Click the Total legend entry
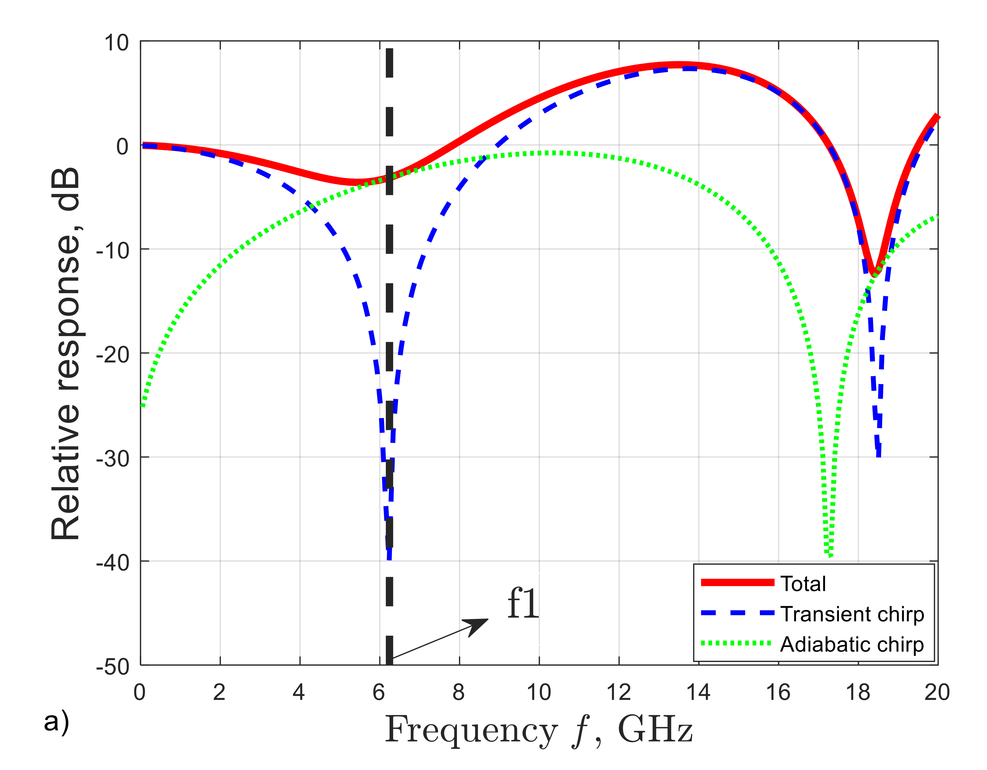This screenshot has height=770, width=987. tap(803, 584)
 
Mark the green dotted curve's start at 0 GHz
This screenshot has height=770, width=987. tap(142, 405)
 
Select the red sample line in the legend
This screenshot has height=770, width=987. tap(738, 583)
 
